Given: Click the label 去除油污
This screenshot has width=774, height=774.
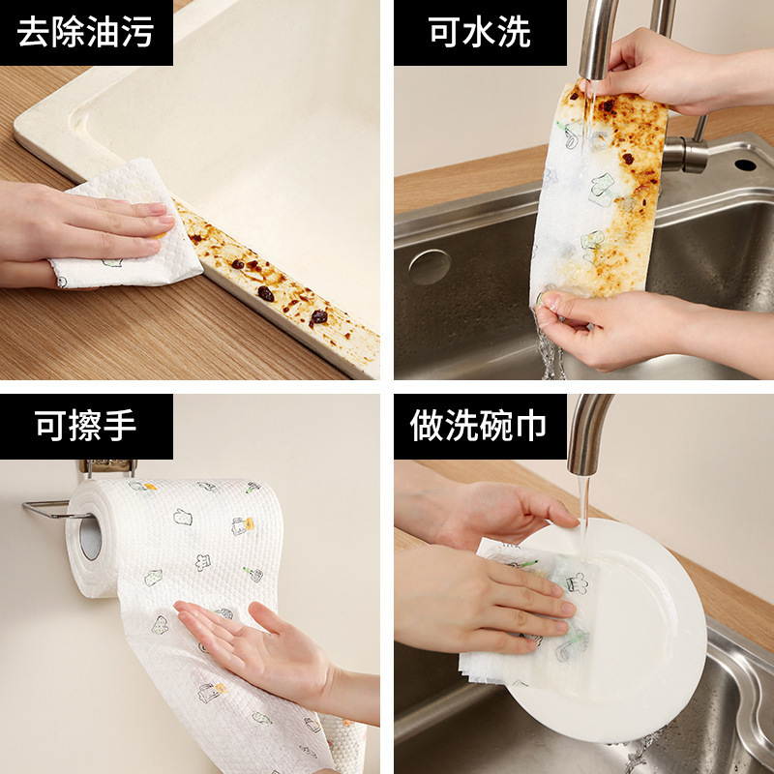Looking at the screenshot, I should click(85, 32).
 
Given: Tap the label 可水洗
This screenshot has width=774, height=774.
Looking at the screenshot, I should click(479, 32).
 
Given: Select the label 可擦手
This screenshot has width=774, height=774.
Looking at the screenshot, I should click(85, 426).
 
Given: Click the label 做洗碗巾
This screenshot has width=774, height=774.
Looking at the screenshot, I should click(479, 426).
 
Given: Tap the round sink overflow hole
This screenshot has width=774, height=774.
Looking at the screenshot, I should click(429, 267).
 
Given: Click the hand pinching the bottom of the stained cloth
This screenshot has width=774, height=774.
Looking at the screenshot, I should click(619, 329).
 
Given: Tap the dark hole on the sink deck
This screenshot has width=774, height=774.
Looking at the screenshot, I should click(744, 164).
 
